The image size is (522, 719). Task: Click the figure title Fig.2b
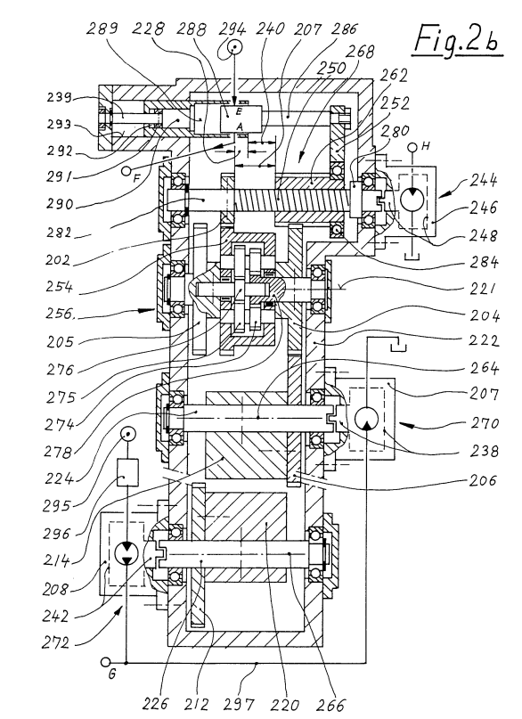(x=456, y=39)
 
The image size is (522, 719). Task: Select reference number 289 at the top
(x=102, y=29)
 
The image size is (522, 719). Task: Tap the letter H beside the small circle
(x=426, y=146)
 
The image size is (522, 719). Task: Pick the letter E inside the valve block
(x=239, y=111)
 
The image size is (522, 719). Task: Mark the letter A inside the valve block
(x=239, y=126)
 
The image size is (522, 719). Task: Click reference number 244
(x=483, y=180)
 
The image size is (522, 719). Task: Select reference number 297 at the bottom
(x=241, y=704)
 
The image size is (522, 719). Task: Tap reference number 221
(x=483, y=289)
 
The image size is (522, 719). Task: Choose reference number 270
(x=485, y=421)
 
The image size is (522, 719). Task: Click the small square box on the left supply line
(x=127, y=473)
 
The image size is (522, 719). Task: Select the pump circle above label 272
(x=126, y=553)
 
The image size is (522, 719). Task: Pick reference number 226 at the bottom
(x=155, y=703)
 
